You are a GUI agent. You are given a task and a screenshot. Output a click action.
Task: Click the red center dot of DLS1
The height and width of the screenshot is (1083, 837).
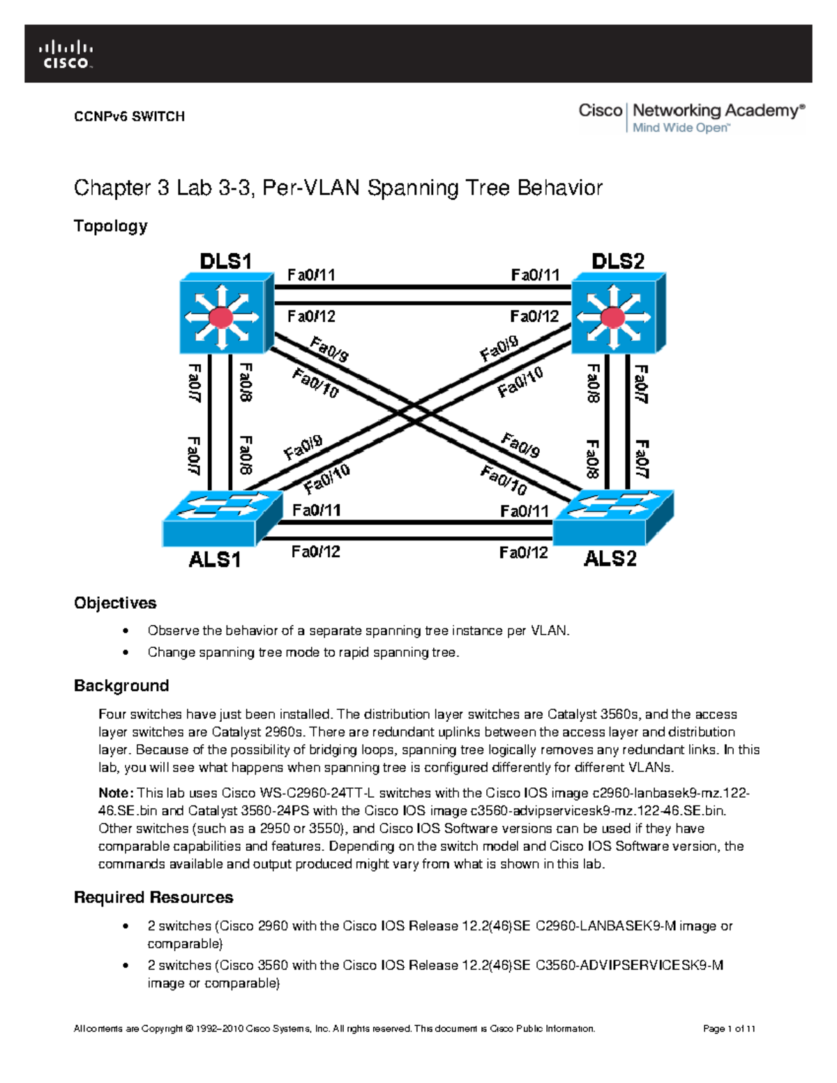[221, 317]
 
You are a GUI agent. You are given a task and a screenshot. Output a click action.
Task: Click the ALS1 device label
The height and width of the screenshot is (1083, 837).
[215, 559]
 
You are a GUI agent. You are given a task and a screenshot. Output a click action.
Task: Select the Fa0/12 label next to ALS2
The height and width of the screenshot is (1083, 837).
[523, 553]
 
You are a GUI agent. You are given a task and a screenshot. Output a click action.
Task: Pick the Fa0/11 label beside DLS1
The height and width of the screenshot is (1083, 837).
[311, 275]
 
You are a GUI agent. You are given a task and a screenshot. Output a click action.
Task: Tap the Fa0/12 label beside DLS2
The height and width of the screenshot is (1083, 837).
[534, 317]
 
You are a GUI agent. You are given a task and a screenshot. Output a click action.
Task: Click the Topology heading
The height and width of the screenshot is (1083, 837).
[110, 226]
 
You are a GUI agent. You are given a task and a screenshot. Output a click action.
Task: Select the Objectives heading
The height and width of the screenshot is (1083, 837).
[115, 603]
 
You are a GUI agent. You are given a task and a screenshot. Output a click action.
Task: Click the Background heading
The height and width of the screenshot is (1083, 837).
[121, 686]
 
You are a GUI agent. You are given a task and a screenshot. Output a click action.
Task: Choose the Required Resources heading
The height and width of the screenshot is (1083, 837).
[153, 897]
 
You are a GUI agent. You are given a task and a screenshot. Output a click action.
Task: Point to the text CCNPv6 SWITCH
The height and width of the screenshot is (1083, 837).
[129, 116]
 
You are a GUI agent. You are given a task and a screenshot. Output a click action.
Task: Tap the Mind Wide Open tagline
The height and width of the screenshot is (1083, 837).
[681, 128]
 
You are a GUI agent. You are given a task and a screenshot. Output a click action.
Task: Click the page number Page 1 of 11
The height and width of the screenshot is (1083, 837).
[729, 1029]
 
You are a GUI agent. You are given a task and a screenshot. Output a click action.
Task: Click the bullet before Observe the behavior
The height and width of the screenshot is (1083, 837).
[126, 631]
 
